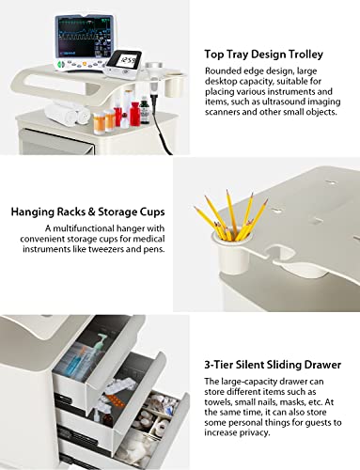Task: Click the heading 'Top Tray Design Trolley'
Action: point(263,55)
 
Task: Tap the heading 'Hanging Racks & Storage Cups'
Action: point(87,211)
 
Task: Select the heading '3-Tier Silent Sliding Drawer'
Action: point(273,365)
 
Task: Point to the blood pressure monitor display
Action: point(129,60)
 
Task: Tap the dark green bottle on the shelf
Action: point(145,111)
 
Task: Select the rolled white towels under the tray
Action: point(67,113)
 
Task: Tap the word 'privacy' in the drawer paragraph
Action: point(254,433)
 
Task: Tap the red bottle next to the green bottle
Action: point(134,115)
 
